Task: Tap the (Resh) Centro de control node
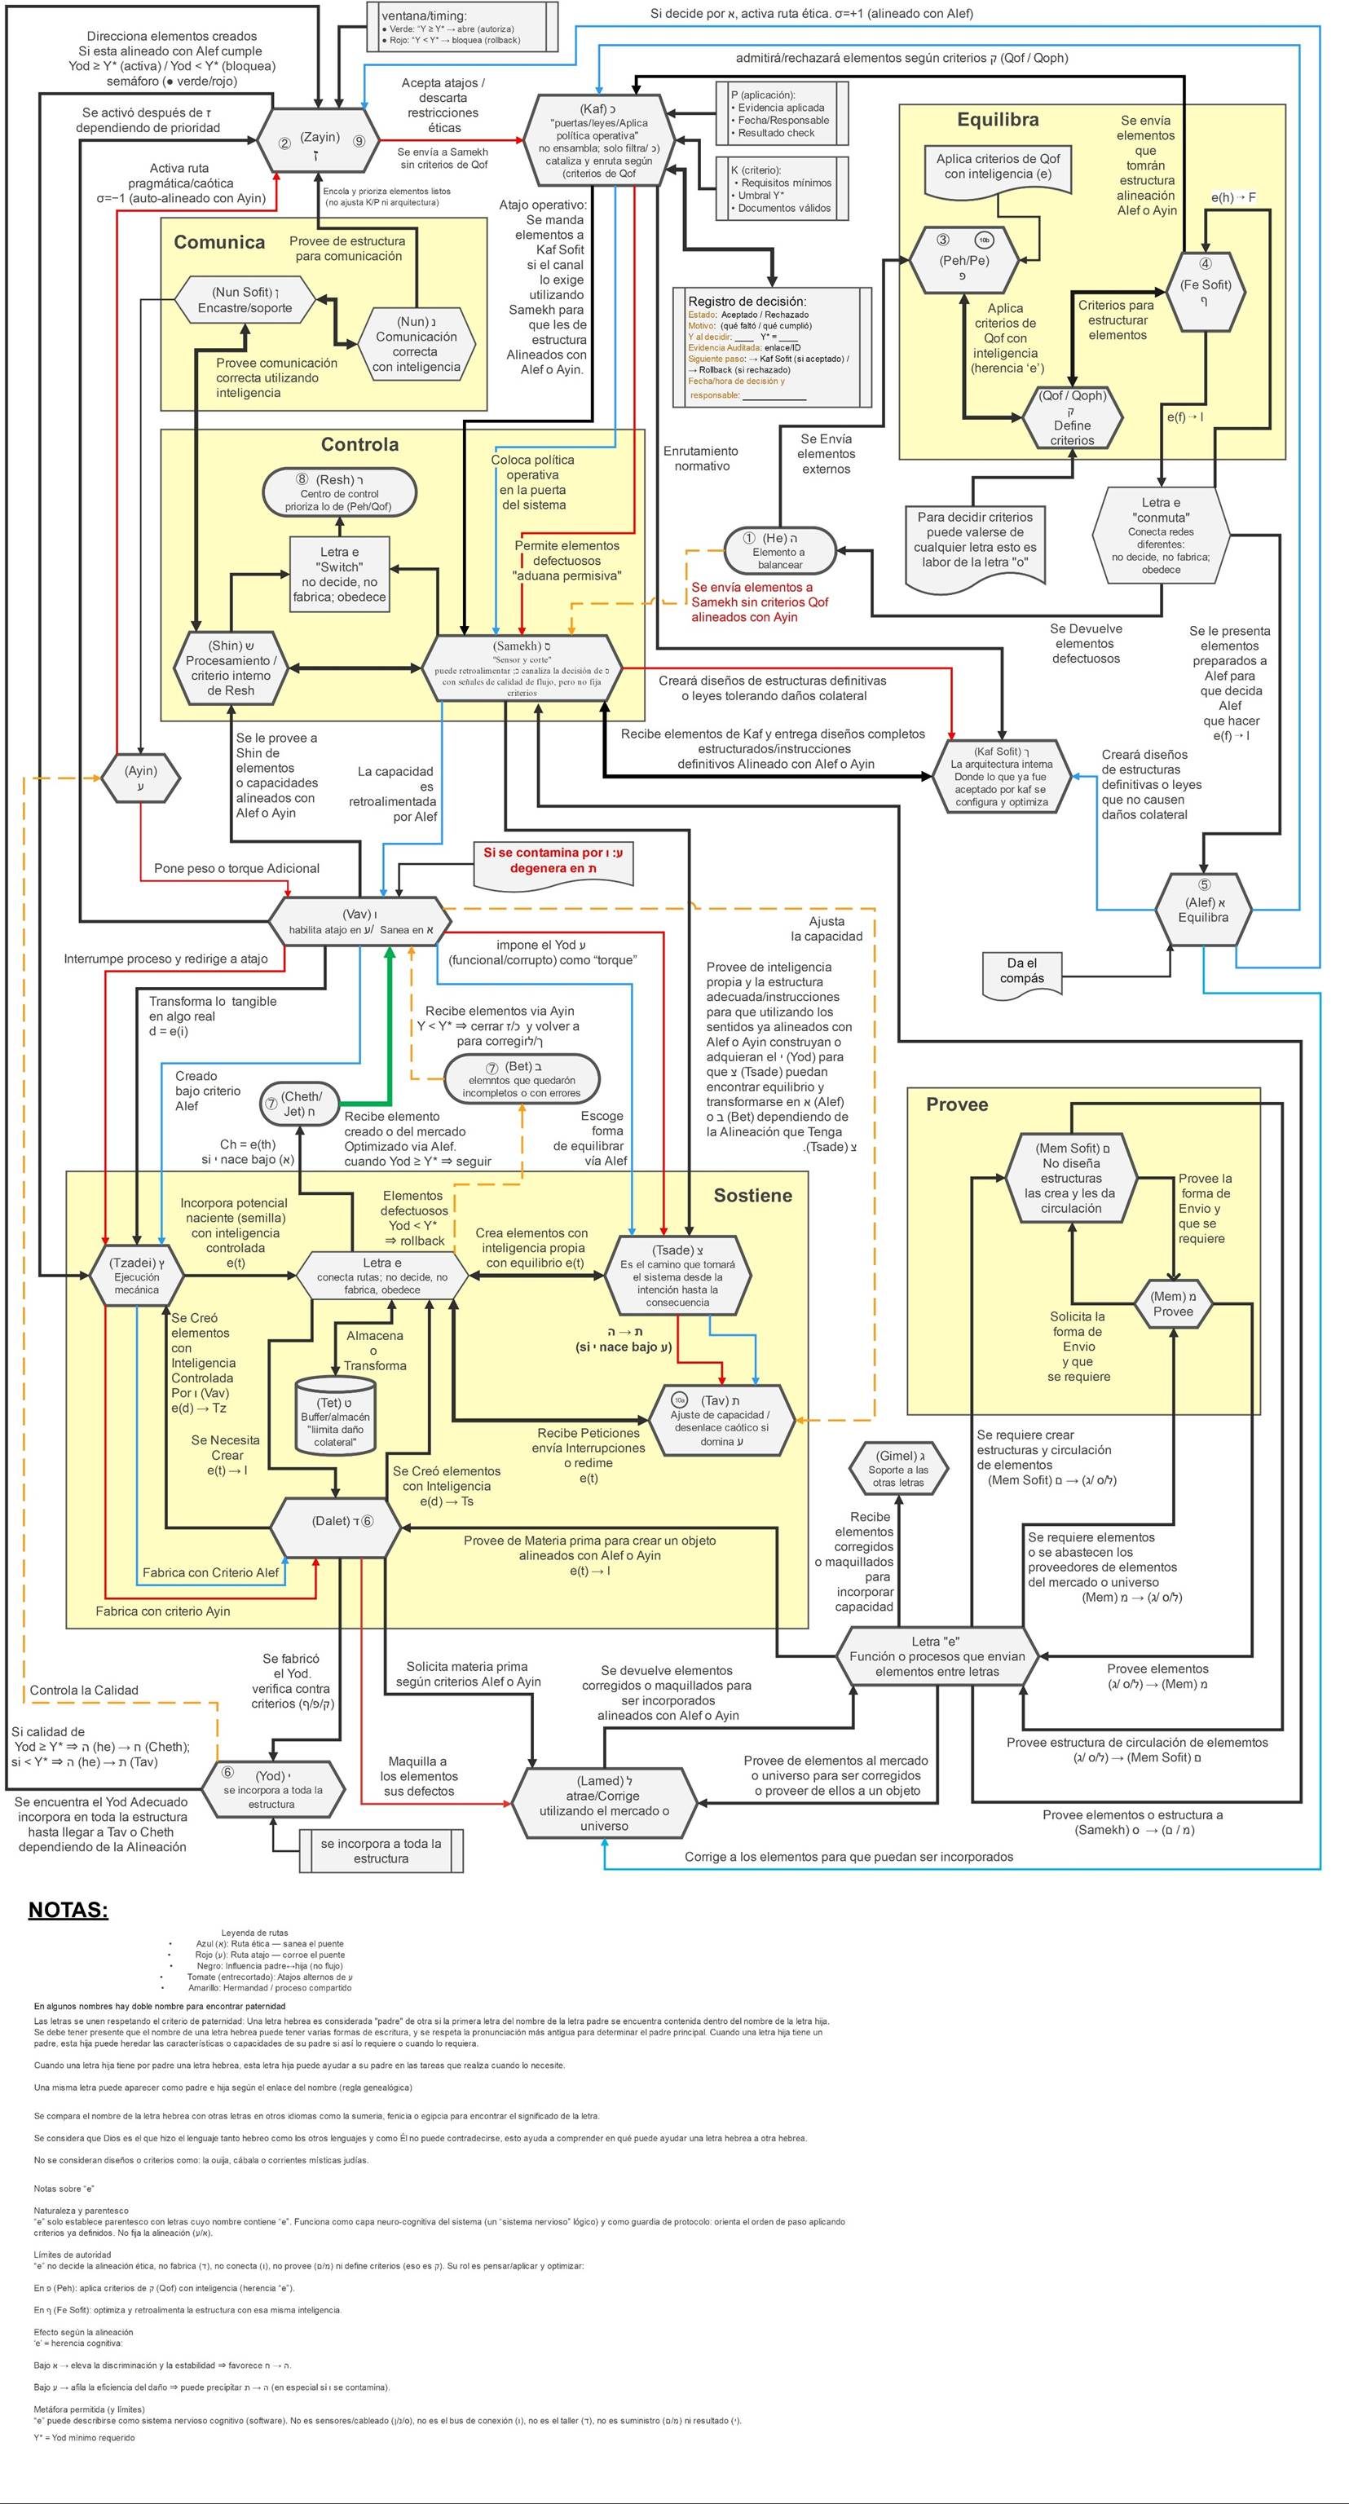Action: [339, 492]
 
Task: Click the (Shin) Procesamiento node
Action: [231, 668]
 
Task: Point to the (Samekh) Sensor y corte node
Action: [522, 668]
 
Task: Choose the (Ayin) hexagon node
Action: [141, 778]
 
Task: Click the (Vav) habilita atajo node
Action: [359, 920]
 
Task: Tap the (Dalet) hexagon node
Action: [334, 1520]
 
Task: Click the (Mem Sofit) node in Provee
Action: [1071, 1177]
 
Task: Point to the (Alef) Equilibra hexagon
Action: [1203, 909]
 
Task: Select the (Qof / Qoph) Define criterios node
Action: [1072, 418]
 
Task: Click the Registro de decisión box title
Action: [747, 302]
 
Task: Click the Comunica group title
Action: [218, 243]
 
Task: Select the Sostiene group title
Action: [752, 1196]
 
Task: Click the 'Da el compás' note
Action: [1022, 971]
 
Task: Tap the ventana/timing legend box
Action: [463, 27]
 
